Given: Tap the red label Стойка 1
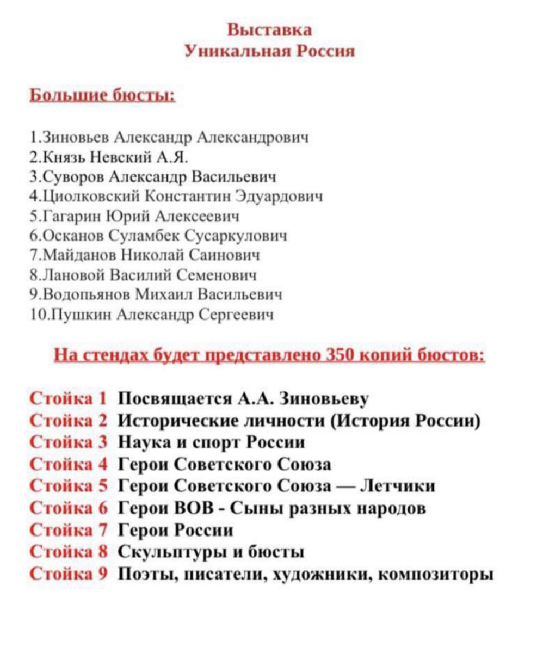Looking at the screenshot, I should (68, 399).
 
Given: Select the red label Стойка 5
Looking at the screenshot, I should (68, 486).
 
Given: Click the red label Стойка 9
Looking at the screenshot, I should (68, 573).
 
